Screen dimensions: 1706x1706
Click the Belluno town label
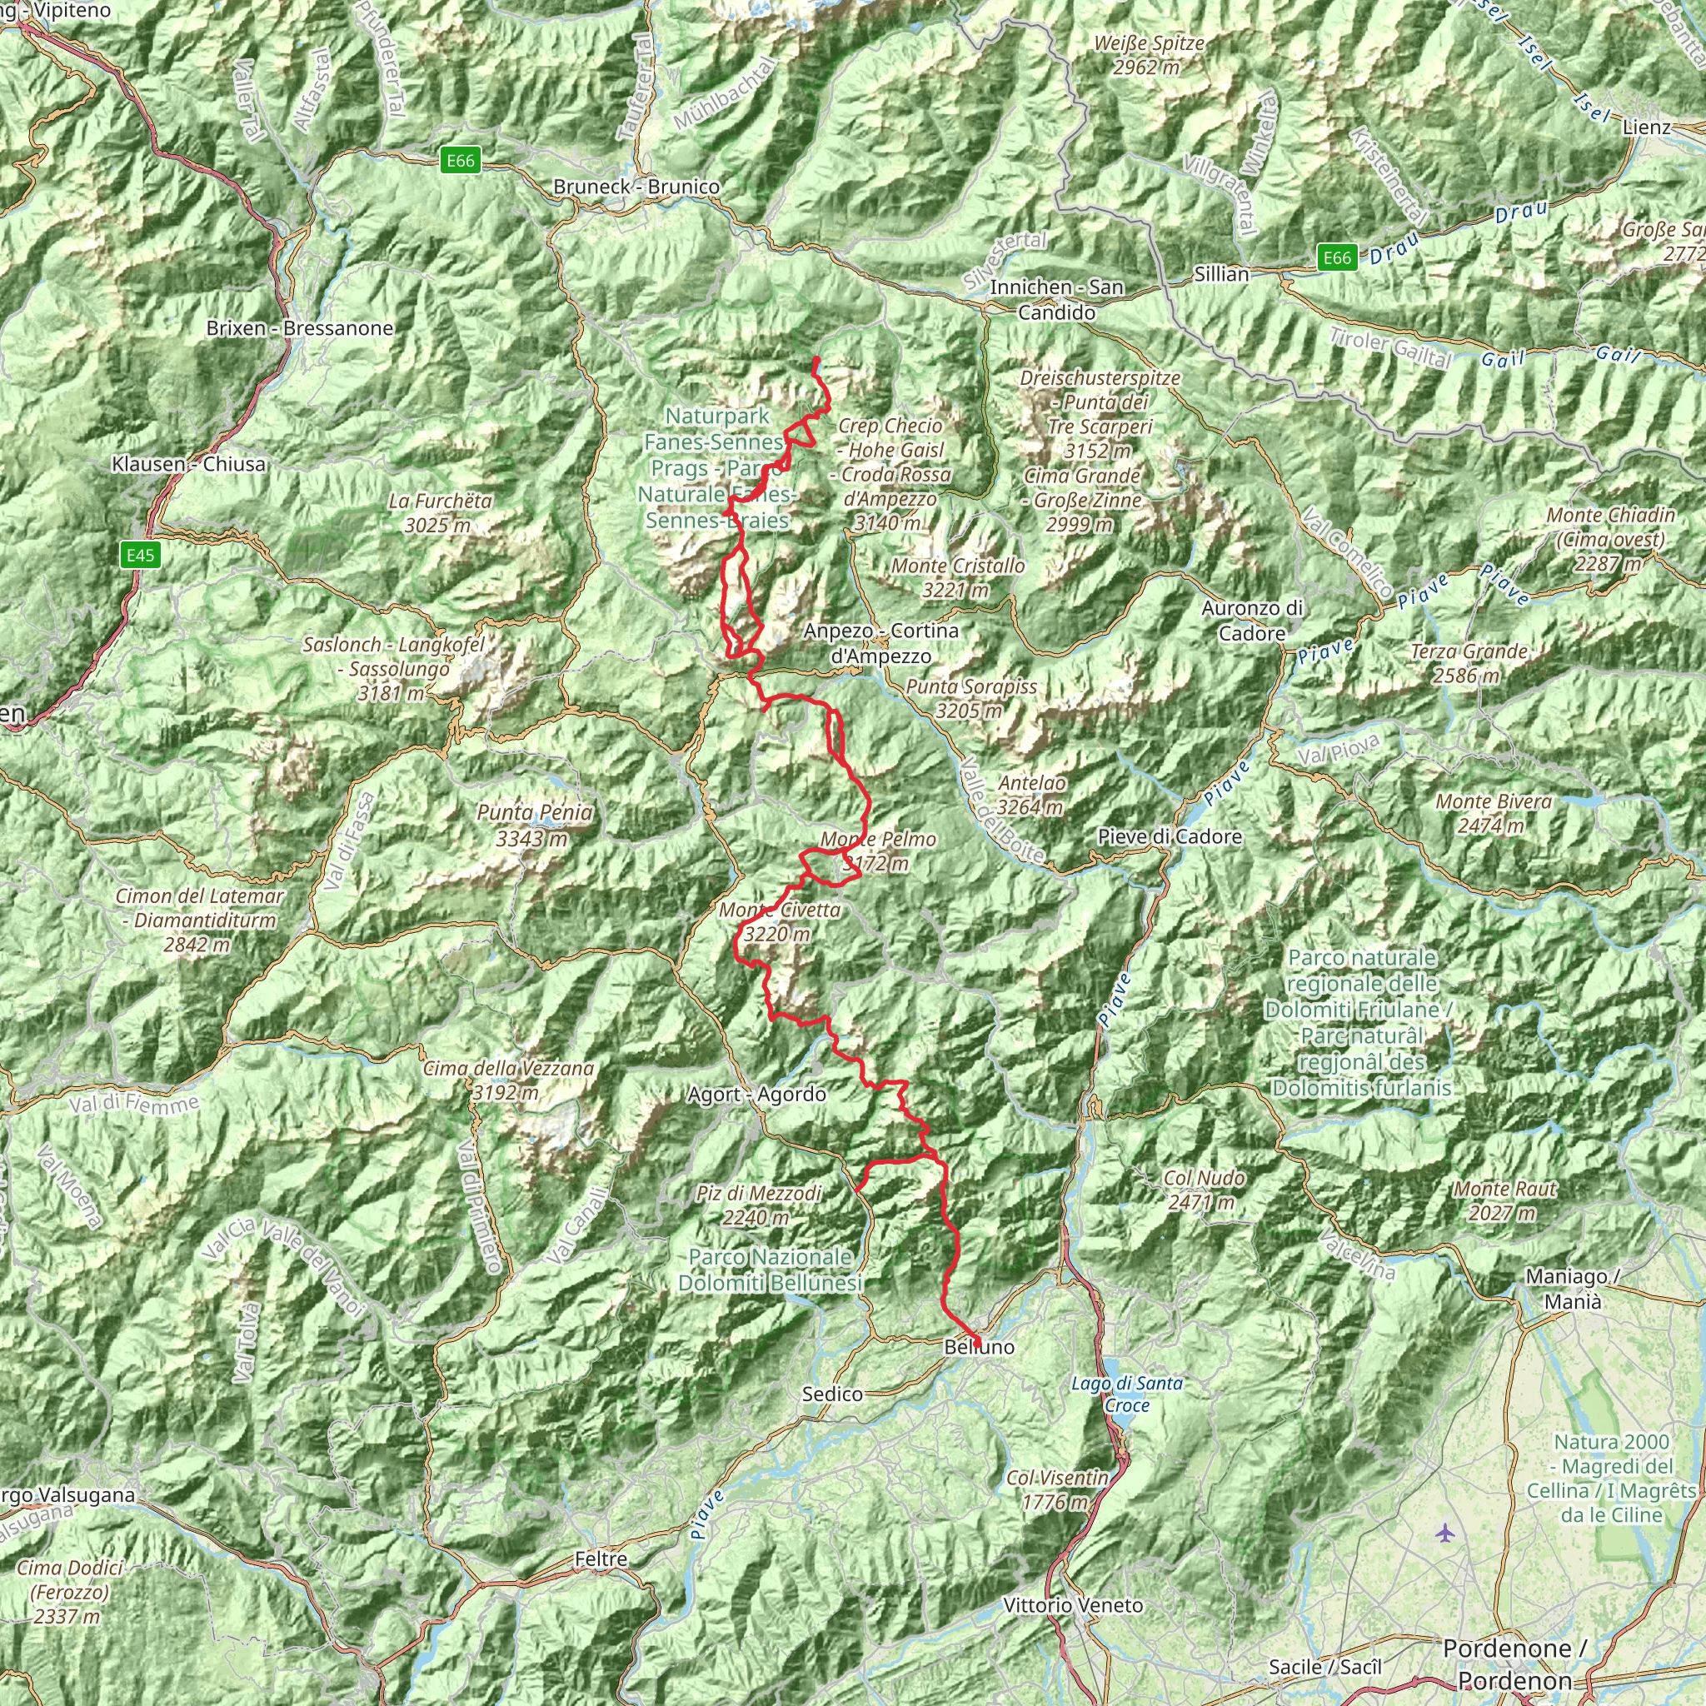(x=980, y=1347)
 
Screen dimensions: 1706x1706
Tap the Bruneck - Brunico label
(x=636, y=187)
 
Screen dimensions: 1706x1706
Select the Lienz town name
(x=1647, y=127)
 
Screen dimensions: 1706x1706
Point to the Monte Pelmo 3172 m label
(x=878, y=851)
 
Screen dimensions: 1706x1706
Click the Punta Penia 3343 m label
(x=534, y=825)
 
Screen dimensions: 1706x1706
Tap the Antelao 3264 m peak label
(x=1030, y=795)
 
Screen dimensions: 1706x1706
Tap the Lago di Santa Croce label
(x=1127, y=1394)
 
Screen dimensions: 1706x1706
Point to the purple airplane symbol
(x=1444, y=1533)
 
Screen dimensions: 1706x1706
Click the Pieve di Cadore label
(x=1169, y=836)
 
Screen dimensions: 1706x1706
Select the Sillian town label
(x=1221, y=274)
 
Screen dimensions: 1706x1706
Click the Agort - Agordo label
(x=756, y=1094)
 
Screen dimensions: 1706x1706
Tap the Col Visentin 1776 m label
(x=1057, y=1489)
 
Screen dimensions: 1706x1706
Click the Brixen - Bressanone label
(x=299, y=327)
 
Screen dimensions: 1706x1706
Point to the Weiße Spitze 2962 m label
(x=1148, y=55)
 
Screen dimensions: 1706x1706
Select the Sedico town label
(x=832, y=1394)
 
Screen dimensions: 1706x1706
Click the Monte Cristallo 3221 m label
(x=957, y=577)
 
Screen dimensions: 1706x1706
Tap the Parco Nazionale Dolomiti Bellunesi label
(x=770, y=1269)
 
